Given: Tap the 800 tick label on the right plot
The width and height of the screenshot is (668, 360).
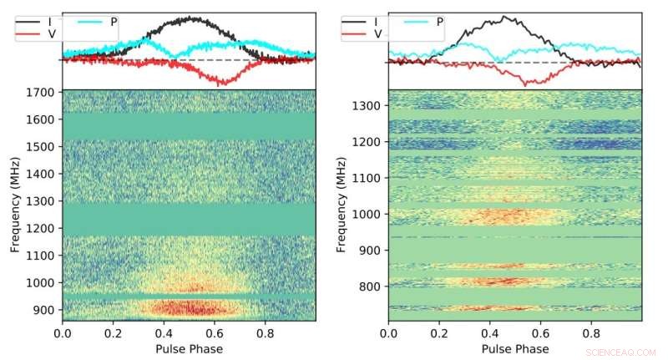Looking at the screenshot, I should click(372, 286).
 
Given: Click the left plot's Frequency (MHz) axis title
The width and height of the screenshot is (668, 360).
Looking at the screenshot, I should click(15, 205).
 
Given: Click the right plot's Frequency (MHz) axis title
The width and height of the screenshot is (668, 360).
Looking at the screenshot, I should click(341, 205).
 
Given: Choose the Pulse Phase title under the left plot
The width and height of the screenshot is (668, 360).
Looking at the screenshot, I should click(189, 348).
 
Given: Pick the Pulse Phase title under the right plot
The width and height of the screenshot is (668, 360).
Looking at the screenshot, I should click(514, 348).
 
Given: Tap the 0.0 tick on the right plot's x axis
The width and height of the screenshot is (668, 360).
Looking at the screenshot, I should click(389, 333).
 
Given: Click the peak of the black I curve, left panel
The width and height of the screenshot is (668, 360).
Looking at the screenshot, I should click(193, 17).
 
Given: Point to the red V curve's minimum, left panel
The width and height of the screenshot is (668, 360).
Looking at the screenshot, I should click(221, 84).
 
